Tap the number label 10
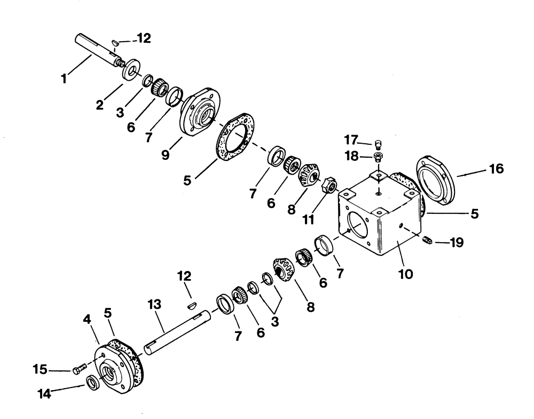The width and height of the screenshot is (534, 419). pyautogui.click(x=405, y=275)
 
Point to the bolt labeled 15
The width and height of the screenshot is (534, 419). pyautogui.click(x=78, y=370)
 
